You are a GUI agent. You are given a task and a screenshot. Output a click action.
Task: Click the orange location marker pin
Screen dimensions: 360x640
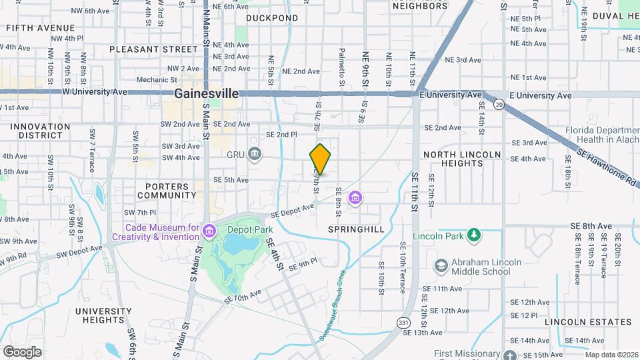pyautogui.click(x=320, y=159)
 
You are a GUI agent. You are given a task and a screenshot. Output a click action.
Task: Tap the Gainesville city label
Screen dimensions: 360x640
pyautogui.click(x=206, y=94)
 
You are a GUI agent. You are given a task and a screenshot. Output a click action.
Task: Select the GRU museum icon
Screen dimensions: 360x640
pyautogui.click(x=254, y=155)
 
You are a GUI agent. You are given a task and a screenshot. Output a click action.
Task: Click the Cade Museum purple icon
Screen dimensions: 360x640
pyautogui.click(x=210, y=231)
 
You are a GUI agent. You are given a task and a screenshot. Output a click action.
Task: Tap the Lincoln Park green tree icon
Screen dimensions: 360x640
pyautogui.click(x=474, y=235)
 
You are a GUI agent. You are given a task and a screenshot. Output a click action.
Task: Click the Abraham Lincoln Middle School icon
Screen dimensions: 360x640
pyautogui.click(x=441, y=266)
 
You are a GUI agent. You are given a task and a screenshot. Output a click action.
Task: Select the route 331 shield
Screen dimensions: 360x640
pyautogui.click(x=403, y=322)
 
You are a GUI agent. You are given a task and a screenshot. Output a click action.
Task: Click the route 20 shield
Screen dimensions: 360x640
pyautogui.click(x=499, y=104)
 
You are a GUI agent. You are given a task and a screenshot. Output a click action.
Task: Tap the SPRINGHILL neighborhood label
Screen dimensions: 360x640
pyautogui.click(x=357, y=229)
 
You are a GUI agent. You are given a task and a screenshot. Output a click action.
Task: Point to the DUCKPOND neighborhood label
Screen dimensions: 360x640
pyautogui.click(x=272, y=18)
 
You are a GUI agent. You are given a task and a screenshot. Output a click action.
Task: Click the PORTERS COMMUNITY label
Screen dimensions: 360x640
pyautogui.click(x=167, y=191)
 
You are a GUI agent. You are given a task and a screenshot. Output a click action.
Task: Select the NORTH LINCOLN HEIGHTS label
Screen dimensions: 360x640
pyautogui.click(x=462, y=159)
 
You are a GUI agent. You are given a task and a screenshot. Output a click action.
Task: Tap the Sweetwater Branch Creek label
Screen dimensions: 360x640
pyautogui.click(x=332, y=304)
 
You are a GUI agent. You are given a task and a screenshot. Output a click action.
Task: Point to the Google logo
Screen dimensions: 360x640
pyautogui.click(x=22, y=351)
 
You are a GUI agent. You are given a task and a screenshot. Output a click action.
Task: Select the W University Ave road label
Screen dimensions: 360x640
pyautogui.click(x=93, y=91)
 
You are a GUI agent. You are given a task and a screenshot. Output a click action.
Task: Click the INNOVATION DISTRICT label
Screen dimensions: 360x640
pyautogui.click(x=40, y=131)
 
